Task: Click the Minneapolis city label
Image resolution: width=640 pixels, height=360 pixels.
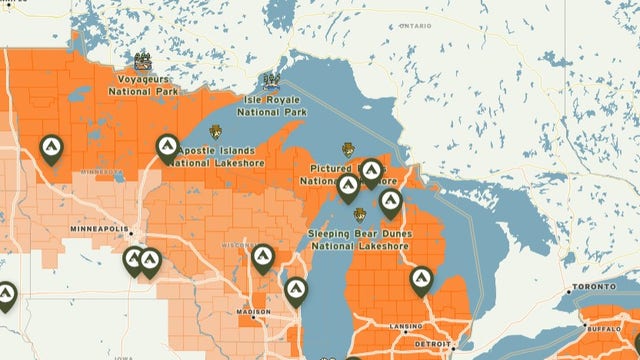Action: pyautogui.click(x=100, y=229)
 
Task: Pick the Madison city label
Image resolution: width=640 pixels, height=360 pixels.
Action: pyautogui.click(x=252, y=312)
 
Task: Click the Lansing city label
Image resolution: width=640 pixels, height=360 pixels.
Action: pyautogui.click(x=406, y=327)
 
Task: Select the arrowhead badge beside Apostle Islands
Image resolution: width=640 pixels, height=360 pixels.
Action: pyautogui.click(x=216, y=131)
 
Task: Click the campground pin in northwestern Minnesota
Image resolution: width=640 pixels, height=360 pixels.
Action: pyautogui.click(x=50, y=149)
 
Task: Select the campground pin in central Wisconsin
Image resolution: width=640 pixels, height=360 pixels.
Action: pyautogui.click(x=263, y=258)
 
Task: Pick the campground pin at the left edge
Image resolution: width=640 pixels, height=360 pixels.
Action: pyautogui.click(x=6, y=295)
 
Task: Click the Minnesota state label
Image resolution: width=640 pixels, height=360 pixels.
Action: pyautogui.click(x=103, y=171)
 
